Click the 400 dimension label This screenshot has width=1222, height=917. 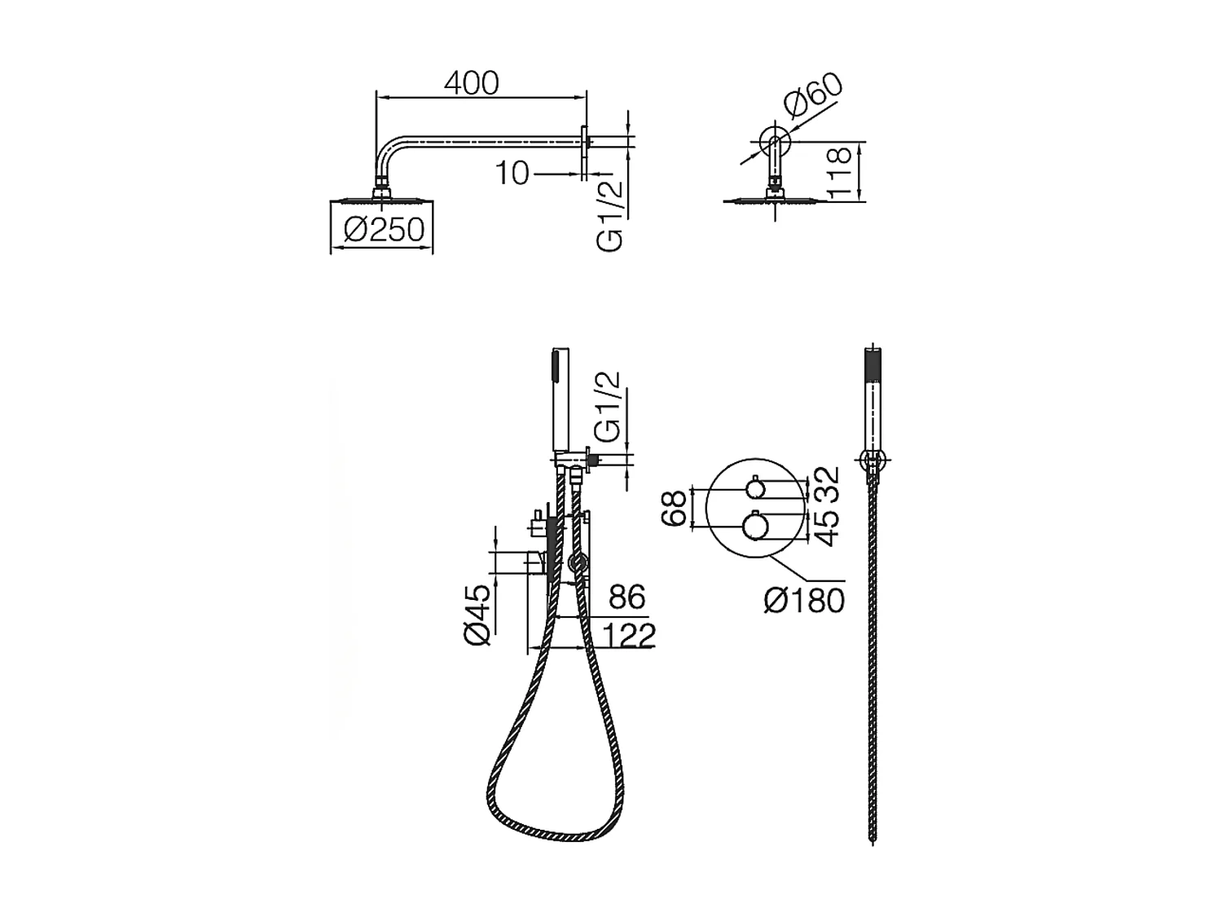(471, 83)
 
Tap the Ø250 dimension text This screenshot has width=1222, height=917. (385, 229)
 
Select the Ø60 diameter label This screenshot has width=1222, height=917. (812, 97)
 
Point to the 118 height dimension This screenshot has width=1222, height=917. (839, 172)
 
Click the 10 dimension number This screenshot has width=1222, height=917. (511, 173)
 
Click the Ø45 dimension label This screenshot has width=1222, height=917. (477, 615)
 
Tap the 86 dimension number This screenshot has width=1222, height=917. (626, 597)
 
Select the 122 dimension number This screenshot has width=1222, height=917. (629, 636)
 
